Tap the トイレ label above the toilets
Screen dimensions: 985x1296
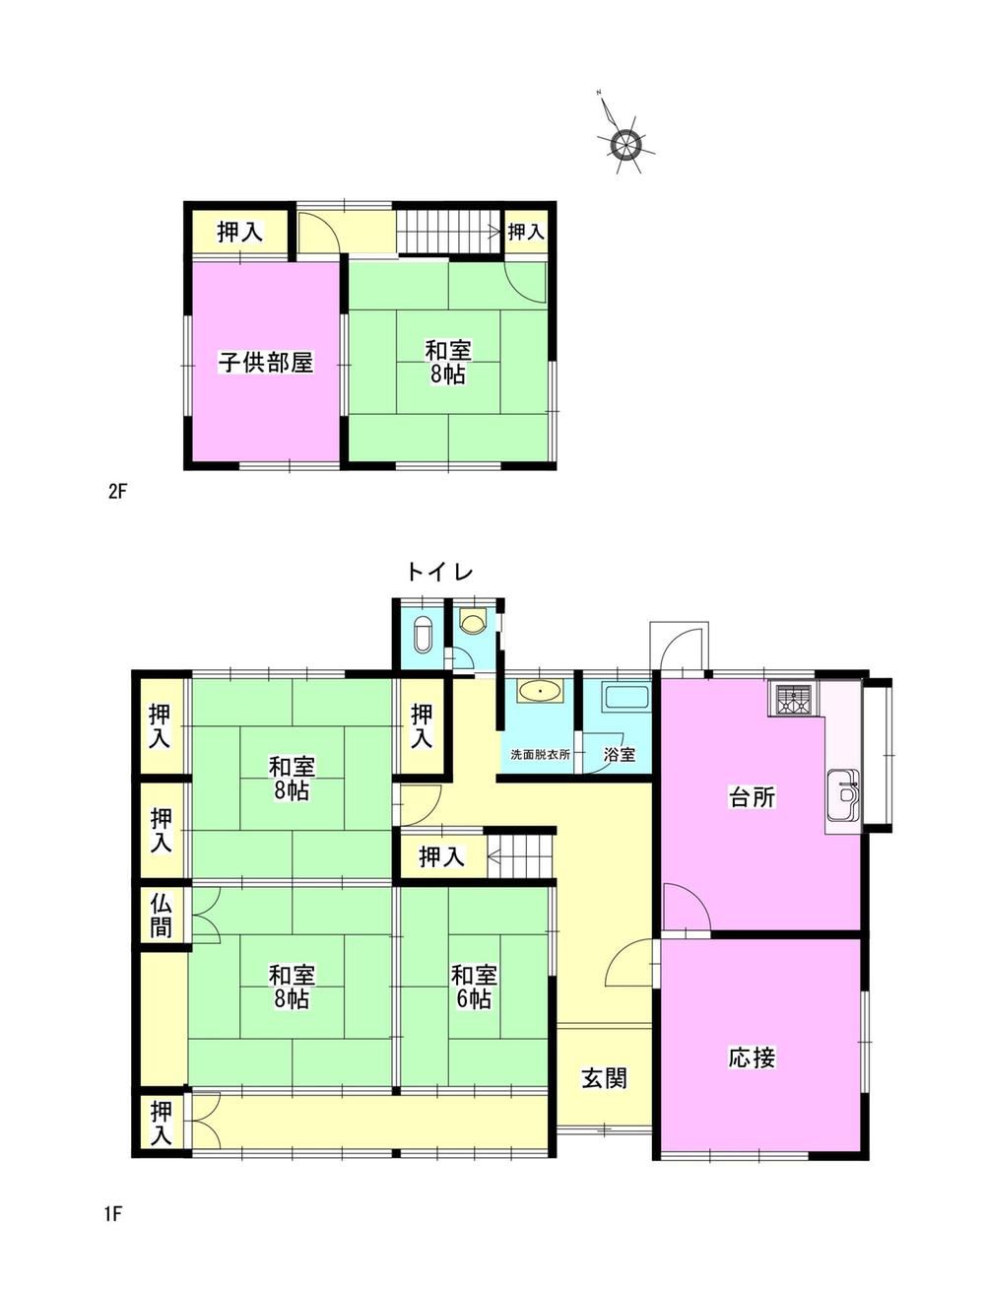click(439, 572)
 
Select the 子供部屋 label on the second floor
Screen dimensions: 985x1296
click(266, 362)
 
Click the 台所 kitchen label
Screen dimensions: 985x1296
click(752, 797)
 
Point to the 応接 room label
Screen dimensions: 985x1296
click(752, 1057)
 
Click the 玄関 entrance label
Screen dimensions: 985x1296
click(605, 1078)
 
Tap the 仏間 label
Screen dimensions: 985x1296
click(161, 916)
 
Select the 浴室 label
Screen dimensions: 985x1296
click(620, 754)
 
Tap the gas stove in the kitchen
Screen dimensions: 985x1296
click(791, 699)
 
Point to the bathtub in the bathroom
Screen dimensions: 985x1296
click(628, 699)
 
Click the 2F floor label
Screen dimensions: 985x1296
click(118, 491)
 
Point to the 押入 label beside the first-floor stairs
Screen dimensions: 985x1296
click(442, 856)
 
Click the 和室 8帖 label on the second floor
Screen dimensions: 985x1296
click(448, 363)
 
